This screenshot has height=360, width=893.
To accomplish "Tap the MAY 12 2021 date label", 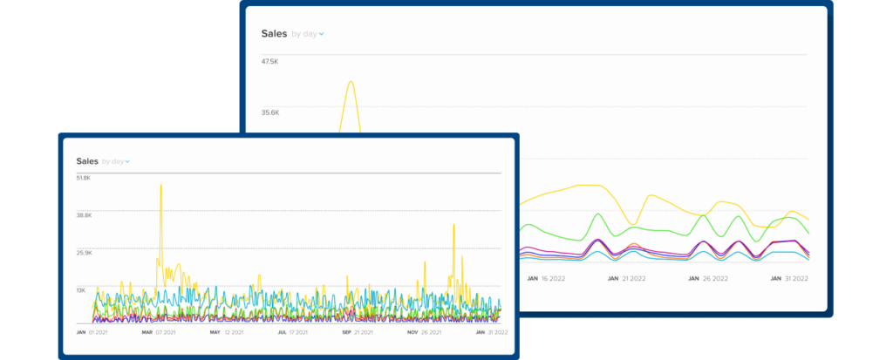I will click(227, 332).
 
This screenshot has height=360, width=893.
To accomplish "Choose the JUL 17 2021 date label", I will click(294, 332).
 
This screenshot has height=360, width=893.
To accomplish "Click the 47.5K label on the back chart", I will click(269, 62).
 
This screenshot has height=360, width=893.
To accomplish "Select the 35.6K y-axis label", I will click(269, 112).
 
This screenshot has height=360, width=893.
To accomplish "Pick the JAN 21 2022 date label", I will click(627, 279).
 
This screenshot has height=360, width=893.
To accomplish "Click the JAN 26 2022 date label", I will click(707, 279).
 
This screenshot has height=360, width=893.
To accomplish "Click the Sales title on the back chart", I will click(274, 34).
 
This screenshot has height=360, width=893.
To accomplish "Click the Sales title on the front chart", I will click(87, 161).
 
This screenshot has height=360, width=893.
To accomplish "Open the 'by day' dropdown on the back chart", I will click(308, 34).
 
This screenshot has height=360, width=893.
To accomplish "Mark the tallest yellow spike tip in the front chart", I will click(161, 185).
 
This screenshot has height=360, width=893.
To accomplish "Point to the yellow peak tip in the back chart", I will click(351, 82).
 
